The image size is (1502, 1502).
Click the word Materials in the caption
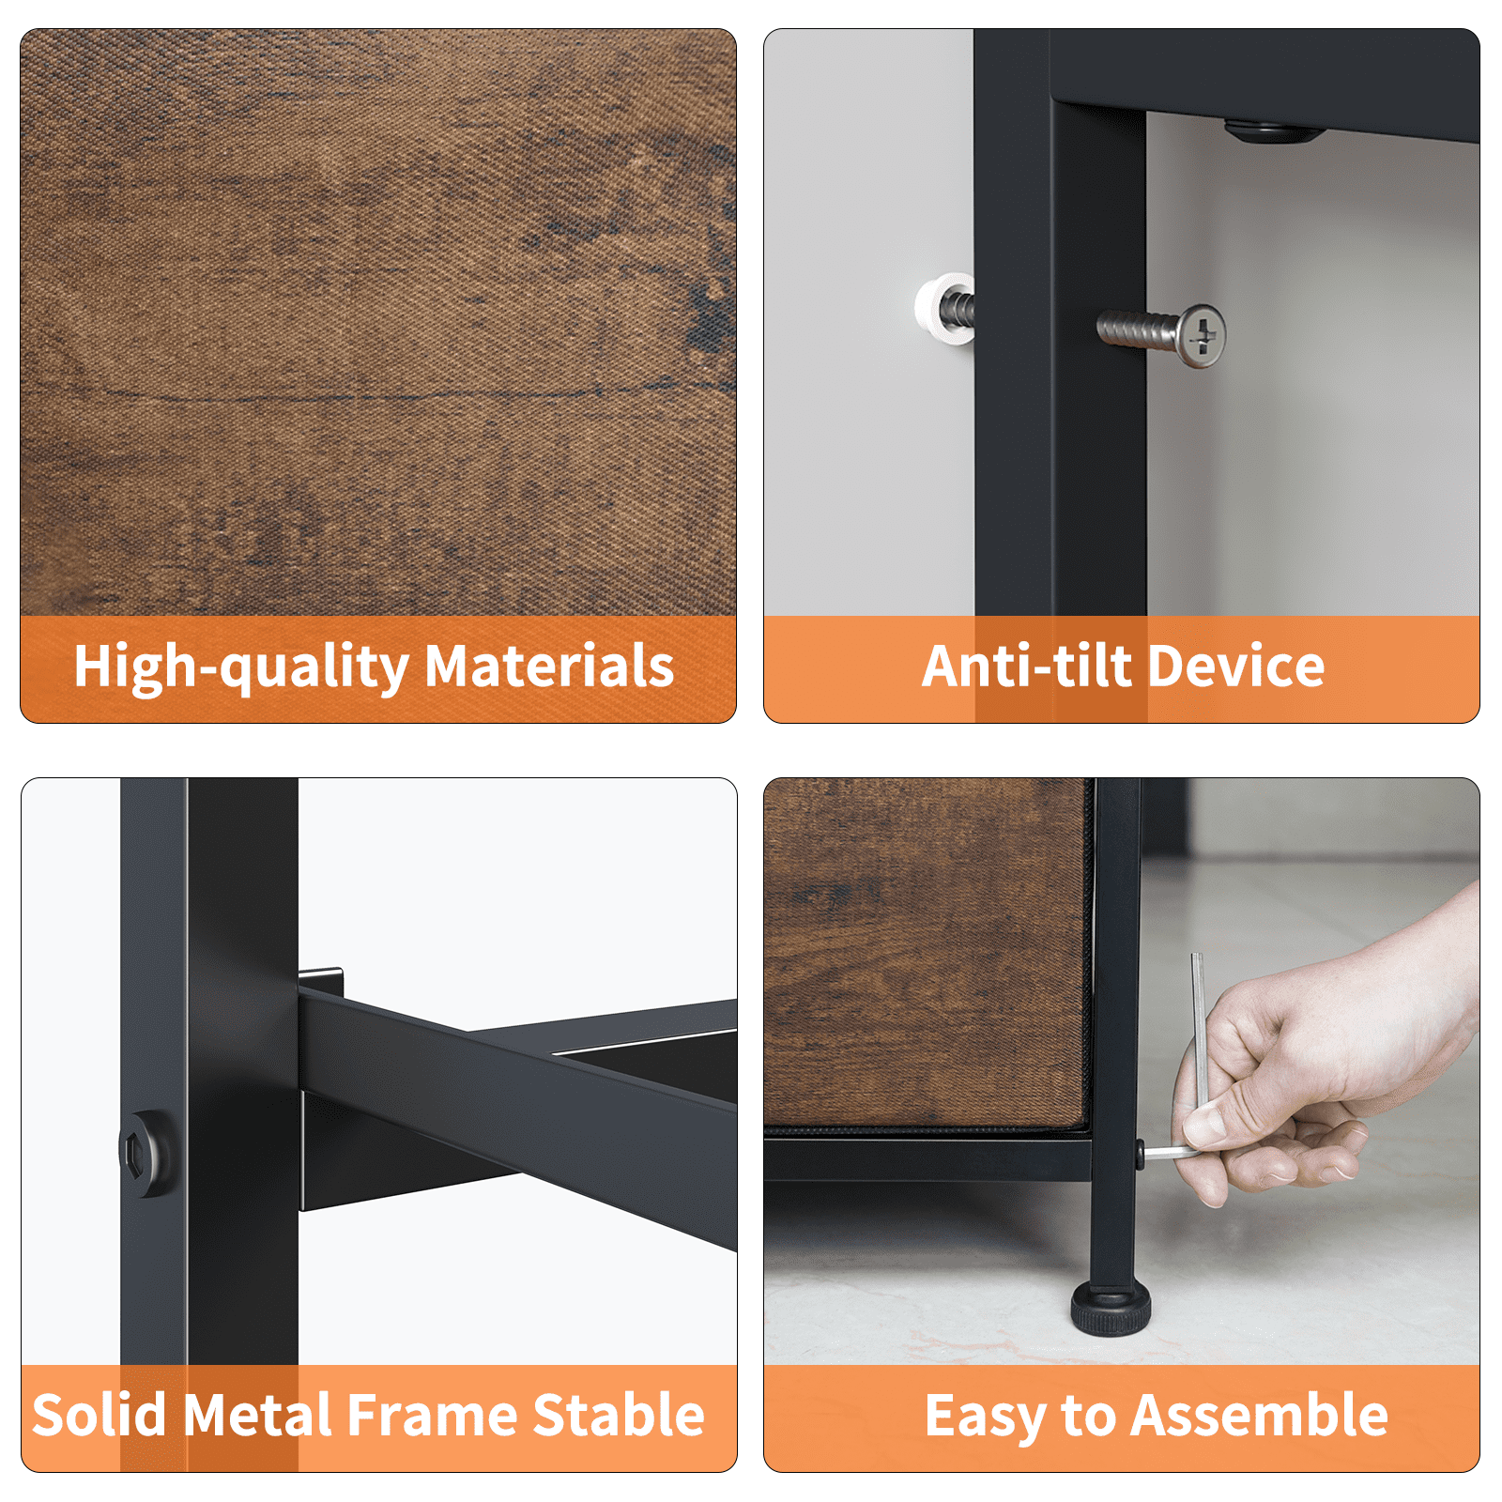pos(549,667)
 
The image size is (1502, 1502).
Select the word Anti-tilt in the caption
pos(1027,667)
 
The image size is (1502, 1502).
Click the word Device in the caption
pos(1236,667)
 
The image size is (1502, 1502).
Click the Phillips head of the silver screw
pos(1201,335)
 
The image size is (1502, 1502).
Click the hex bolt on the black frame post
pos(146,1153)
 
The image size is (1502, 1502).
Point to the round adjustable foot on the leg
pos(1111,1309)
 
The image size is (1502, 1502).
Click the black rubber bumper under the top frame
pos(1271,131)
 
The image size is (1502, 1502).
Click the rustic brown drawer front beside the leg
pos(927,953)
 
